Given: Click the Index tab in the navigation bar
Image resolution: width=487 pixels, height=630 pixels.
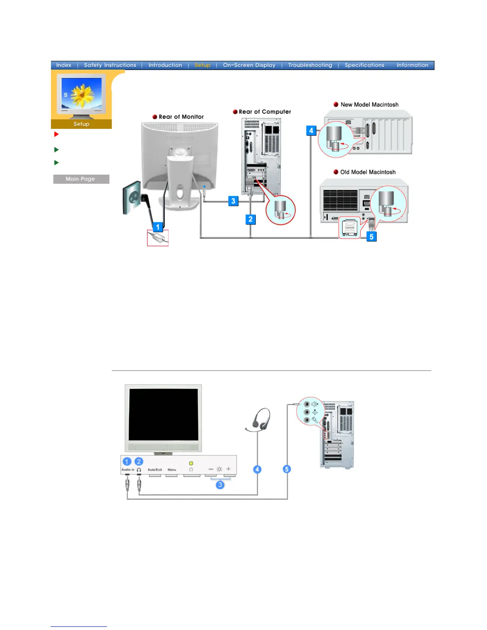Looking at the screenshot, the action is (x=64, y=65).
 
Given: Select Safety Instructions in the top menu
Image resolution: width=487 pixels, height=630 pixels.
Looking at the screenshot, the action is (x=110, y=65).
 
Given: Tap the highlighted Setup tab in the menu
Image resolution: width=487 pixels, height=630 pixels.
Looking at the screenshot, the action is (x=202, y=65).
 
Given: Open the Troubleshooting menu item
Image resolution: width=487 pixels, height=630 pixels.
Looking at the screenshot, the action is (x=310, y=65).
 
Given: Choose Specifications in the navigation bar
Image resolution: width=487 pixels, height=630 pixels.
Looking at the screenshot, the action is (x=364, y=65).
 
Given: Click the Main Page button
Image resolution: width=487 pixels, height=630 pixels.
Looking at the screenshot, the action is (x=81, y=179).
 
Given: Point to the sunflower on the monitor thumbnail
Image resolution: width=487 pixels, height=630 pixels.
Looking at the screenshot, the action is (x=82, y=95).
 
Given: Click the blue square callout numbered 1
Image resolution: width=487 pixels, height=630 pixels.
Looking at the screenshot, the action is (x=158, y=227).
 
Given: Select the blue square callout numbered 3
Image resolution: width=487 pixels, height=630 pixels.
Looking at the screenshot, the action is (x=233, y=201).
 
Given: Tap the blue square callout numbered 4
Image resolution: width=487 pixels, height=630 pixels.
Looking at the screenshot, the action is (x=311, y=130).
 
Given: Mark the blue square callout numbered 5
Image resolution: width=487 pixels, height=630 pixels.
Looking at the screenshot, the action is (x=371, y=237).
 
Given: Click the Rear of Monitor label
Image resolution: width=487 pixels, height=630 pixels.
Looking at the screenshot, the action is (x=181, y=117).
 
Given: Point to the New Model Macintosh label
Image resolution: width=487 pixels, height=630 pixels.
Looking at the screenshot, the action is (x=369, y=105).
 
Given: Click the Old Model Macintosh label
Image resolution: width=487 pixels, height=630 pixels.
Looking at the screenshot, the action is (x=368, y=172).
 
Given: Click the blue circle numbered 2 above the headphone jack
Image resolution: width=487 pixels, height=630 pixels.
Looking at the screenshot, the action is (x=138, y=461).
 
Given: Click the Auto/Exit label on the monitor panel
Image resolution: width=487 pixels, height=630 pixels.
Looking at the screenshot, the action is (x=155, y=470).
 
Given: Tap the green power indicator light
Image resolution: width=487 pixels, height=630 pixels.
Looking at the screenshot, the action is (x=191, y=463).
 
